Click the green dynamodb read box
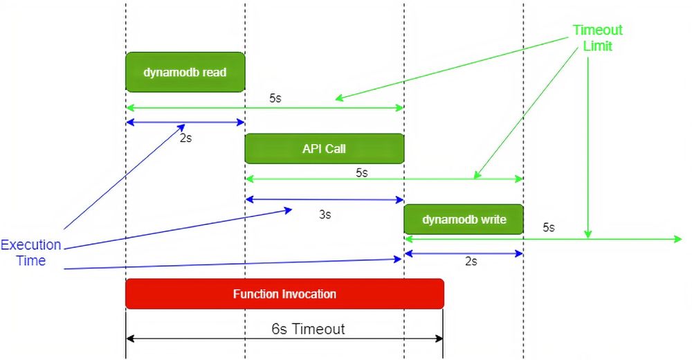point(185,72)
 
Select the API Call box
point(324,148)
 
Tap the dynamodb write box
point(464,219)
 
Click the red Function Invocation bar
point(284,294)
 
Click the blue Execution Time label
point(31,253)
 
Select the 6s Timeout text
point(308,329)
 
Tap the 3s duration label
point(325,215)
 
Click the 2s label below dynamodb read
point(185,138)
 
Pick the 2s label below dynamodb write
point(471,262)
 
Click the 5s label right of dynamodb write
point(548,227)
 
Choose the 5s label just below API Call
point(361,172)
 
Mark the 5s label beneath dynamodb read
point(275,98)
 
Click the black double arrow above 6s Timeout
point(208,339)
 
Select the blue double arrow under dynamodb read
point(208,123)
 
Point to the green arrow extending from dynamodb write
point(623,239)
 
